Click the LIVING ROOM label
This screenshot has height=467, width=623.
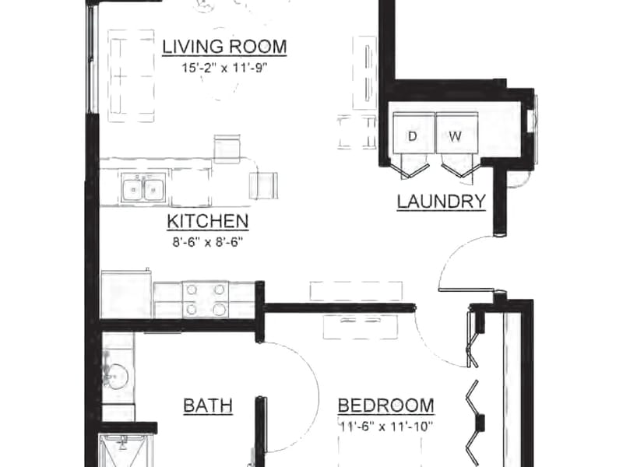coord(224,47)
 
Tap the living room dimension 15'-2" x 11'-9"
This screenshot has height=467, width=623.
coord(224,68)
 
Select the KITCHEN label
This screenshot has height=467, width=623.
coord(208,221)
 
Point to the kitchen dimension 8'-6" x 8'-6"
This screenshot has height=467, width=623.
coord(207,242)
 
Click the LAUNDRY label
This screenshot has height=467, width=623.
coord(442,202)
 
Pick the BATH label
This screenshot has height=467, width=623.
coord(208,406)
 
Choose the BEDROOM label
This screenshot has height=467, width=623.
coord(385,406)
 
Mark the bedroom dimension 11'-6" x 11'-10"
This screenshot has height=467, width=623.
coord(385,427)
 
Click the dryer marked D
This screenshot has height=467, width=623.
coord(414,132)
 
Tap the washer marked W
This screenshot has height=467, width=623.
coord(457,132)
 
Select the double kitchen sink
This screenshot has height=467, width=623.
coord(143,188)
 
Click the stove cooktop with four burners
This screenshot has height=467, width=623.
coord(206,300)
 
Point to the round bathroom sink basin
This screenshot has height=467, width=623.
coord(116,376)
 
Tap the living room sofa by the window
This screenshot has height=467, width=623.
coord(131,75)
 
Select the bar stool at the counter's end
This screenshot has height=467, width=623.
coord(263,185)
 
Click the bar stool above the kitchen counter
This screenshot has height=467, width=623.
coord(227,149)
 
